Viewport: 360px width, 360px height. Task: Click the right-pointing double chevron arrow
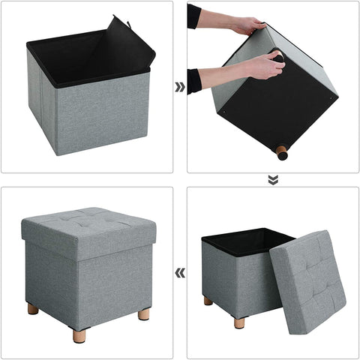pyautogui.click(x=180, y=87)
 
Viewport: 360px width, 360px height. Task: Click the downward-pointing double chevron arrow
pyautogui.click(x=273, y=180)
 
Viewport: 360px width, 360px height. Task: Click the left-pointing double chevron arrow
pyautogui.click(x=180, y=272)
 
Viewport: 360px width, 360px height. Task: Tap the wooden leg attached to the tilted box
pyautogui.click(x=281, y=152)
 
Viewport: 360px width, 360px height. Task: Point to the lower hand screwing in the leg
pyautogui.click(x=264, y=66)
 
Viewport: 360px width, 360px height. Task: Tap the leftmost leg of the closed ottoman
pyautogui.click(x=33, y=308)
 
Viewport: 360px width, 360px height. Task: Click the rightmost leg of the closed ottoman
pyautogui.click(x=143, y=313)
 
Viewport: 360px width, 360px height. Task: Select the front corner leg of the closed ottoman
pyautogui.click(x=79, y=334)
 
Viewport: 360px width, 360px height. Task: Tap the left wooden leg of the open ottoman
pyautogui.click(x=208, y=301)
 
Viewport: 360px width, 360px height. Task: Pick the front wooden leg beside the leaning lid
pyautogui.click(x=239, y=322)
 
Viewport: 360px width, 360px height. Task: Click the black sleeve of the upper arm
pyautogui.click(x=195, y=15)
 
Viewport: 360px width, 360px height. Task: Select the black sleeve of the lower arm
pyautogui.click(x=194, y=81)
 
